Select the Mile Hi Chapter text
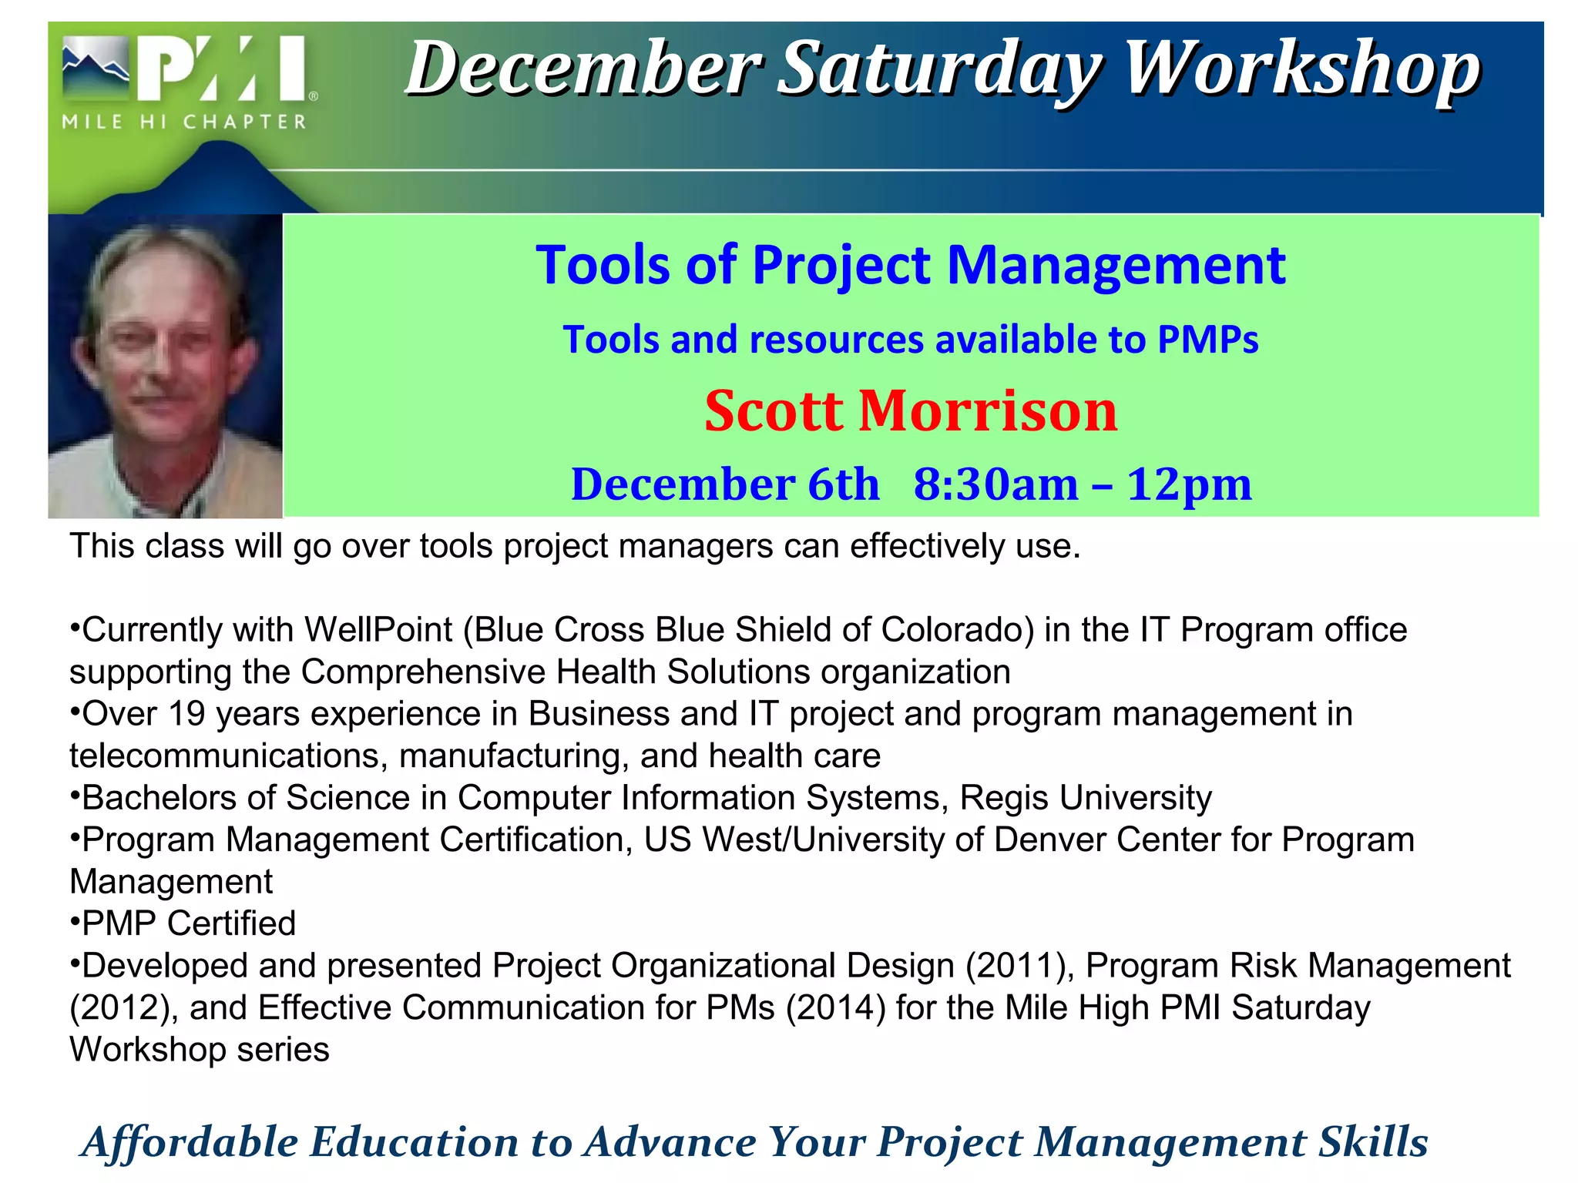tap(185, 122)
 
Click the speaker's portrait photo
tap(165, 367)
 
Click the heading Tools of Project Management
tap(910, 265)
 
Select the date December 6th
tap(724, 484)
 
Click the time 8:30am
tap(996, 484)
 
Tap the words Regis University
tap(1086, 798)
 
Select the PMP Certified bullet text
tap(189, 923)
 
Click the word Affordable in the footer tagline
tap(190, 1142)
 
